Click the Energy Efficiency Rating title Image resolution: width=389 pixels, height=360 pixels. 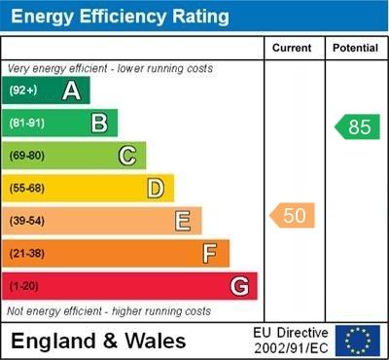coord(118,17)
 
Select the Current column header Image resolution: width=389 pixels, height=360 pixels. coord(292,48)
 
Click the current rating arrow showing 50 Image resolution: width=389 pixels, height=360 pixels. coord(293,215)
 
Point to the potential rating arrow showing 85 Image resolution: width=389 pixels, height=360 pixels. coord(357,126)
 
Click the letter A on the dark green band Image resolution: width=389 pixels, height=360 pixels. coord(71,90)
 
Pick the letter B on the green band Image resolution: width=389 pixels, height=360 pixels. coord(99,123)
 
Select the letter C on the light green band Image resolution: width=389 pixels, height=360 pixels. coord(127,156)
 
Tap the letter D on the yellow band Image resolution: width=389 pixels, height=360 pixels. coord(156,188)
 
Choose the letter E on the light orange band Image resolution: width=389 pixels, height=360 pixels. coord(183,221)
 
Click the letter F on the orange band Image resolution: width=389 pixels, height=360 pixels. coord(210,254)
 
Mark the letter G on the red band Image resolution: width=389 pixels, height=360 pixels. coord(239,286)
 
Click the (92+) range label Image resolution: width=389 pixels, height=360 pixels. coord(23,91)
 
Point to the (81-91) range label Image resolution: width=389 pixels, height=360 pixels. coord(26,124)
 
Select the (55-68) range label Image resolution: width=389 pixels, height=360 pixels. coord(26,189)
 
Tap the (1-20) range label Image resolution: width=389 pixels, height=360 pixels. coord(23,287)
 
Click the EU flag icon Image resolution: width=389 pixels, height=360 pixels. coord(358,340)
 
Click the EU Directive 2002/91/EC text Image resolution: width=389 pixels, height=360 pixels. coord(292,340)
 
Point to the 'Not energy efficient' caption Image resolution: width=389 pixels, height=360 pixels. coord(109,311)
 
